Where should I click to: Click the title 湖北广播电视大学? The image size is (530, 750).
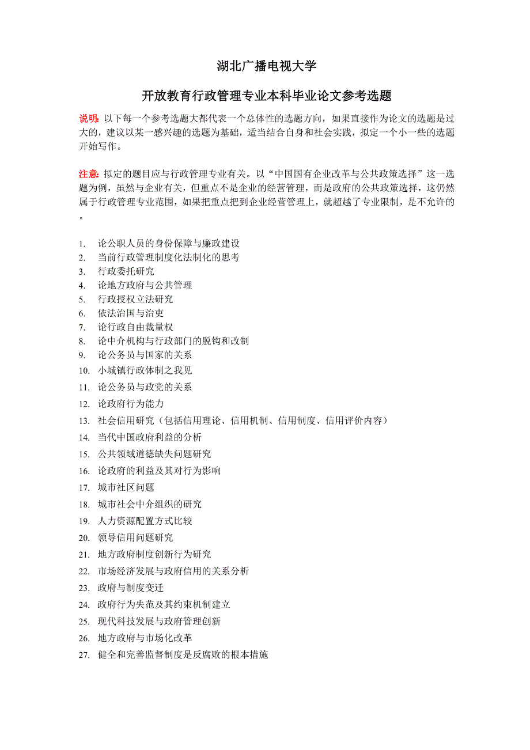tap(267, 66)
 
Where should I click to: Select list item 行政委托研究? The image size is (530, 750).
tap(126, 271)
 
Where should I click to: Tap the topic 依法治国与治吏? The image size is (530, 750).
tap(130, 313)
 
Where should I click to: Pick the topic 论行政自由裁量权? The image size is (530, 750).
tap(135, 327)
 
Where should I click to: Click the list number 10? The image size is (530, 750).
tap(84, 370)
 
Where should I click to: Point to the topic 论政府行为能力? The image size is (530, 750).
tap(130, 404)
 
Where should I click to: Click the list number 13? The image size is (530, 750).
tap(84, 421)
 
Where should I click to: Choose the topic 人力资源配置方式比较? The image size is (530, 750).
tap(145, 521)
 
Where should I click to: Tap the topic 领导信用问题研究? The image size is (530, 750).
tap(135, 537)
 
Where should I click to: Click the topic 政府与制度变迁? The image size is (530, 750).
tap(130, 588)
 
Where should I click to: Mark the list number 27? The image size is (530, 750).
tap(84, 655)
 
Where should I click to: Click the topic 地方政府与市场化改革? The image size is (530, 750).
tap(145, 638)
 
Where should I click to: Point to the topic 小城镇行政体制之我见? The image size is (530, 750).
tap(145, 370)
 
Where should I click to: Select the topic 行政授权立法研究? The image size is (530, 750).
tap(135, 300)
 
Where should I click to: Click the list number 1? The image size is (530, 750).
tap(82, 244)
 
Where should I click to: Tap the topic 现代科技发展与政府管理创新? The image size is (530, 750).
tap(159, 622)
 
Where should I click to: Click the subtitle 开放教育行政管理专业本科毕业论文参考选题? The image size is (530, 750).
tap(267, 95)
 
